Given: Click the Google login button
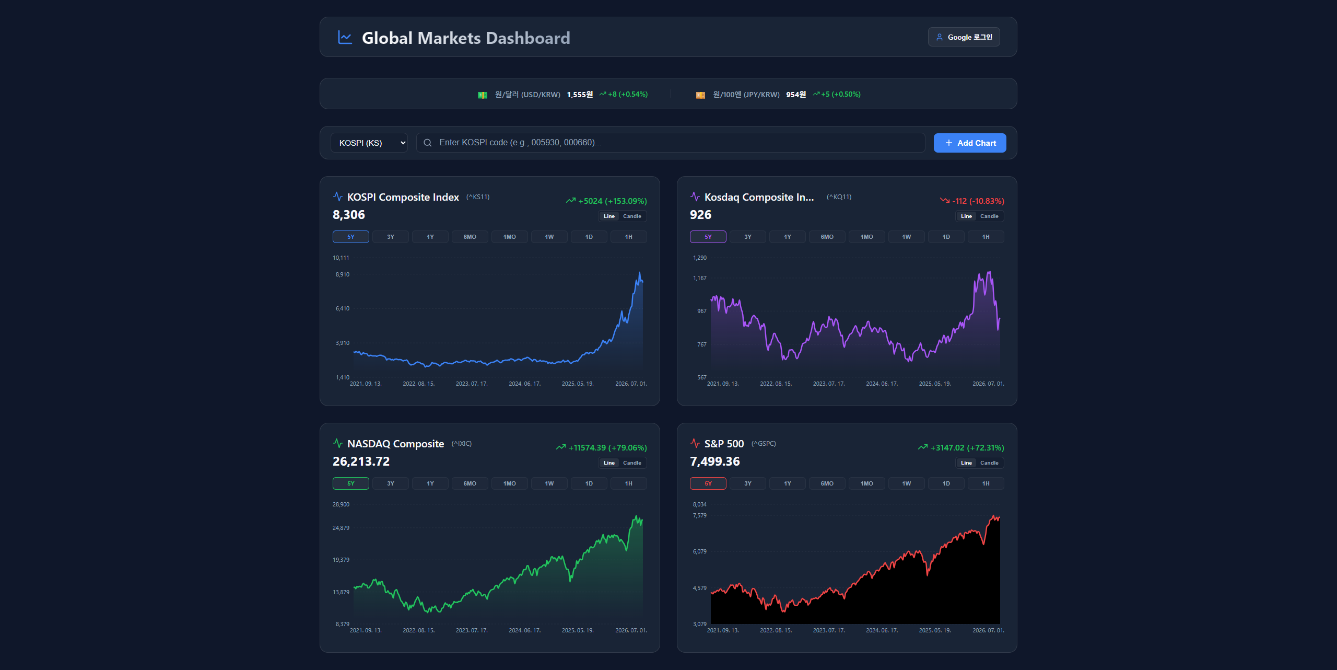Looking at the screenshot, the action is [964, 37].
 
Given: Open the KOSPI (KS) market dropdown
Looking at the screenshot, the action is [369, 143].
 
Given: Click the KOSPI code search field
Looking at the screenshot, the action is [670, 143].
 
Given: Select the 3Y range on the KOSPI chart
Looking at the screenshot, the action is [391, 237].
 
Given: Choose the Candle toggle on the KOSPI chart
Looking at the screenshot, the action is [632, 216].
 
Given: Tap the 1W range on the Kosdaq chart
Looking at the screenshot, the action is [907, 237].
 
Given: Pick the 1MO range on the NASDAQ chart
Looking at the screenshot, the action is [510, 483].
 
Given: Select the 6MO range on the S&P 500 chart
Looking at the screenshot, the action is [827, 483].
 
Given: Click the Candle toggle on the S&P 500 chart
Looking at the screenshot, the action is [989, 463].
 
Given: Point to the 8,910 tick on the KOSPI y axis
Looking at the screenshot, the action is [343, 274].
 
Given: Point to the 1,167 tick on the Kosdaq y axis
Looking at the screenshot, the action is [700, 278].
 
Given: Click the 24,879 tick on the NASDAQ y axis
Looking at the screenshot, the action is [341, 528].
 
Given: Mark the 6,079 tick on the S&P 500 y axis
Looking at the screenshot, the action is [700, 551].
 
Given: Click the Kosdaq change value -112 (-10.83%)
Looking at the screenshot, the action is [978, 201].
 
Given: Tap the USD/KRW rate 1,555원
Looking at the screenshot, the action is [580, 95].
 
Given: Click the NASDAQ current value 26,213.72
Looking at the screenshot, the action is [361, 461].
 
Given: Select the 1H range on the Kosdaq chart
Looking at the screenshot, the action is [986, 237].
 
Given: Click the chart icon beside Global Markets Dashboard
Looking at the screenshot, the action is [345, 37].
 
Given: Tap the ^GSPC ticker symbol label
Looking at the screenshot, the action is [764, 444].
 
